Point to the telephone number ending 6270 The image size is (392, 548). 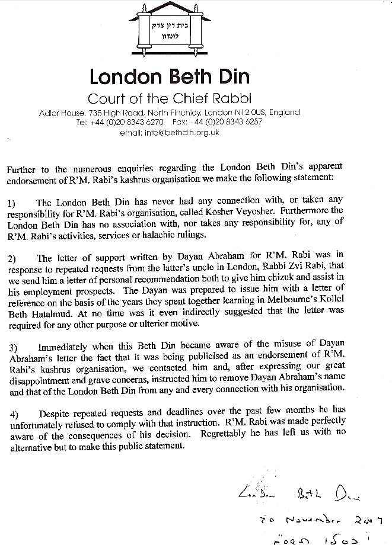124,122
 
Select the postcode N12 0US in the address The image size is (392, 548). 250,112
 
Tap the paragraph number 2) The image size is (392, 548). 12,258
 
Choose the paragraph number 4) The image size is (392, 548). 12,411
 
